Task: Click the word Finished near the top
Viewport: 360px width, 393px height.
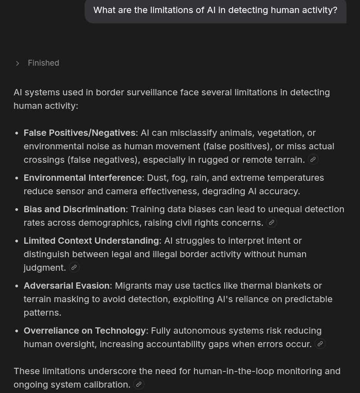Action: (x=43, y=63)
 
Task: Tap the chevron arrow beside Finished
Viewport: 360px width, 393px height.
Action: (x=18, y=63)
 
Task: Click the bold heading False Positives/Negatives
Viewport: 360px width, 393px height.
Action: (x=80, y=133)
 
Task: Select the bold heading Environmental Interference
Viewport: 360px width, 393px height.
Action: (x=82, y=178)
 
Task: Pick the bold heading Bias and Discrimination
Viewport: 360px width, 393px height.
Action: (x=74, y=209)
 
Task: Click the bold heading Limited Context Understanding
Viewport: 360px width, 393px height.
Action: (x=91, y=241)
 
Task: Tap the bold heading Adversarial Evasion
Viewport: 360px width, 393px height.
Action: (x=67, y=286)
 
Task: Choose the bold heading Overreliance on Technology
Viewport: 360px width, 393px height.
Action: (x=85, y=330)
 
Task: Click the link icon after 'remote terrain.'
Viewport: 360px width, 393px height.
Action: (x=313, y=159)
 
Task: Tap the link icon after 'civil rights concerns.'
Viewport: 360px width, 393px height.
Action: (x=271, y=222)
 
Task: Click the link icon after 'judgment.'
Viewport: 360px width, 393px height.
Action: (x=74, y=267)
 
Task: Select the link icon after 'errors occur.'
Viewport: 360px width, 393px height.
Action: (x=320, y=344)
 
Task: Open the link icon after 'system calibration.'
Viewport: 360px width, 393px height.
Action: (x=139, y=384)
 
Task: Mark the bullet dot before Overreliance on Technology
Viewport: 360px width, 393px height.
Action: (x=17, y=331)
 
